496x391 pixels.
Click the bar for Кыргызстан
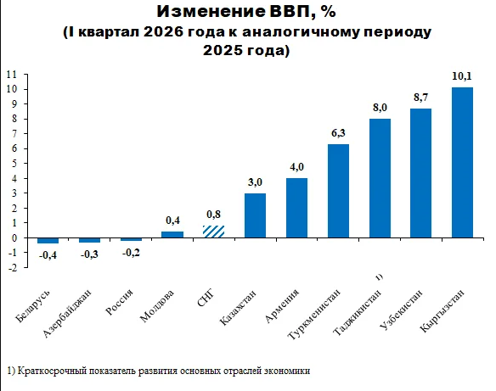(462, 162)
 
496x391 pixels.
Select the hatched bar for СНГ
(213, 232)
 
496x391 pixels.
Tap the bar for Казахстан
(255, 215)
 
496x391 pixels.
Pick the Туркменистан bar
(338, 191)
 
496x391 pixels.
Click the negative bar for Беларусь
(48, 240)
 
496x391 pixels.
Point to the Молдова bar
(172, 234)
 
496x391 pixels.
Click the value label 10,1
(462, 76)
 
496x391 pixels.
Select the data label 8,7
(420, 98)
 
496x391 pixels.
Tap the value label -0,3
(89, 254)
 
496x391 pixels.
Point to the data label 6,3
(338, 133)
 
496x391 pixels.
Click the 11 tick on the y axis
(12, 75)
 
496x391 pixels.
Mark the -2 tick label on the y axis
(13, 267)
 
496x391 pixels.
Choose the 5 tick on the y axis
(14, 164)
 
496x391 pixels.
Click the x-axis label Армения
(281, 305)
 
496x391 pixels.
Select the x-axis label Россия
(119, 302)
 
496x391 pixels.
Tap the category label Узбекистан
(401, 310)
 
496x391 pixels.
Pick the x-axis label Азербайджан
(67, 313)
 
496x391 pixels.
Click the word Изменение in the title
(211, 12)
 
